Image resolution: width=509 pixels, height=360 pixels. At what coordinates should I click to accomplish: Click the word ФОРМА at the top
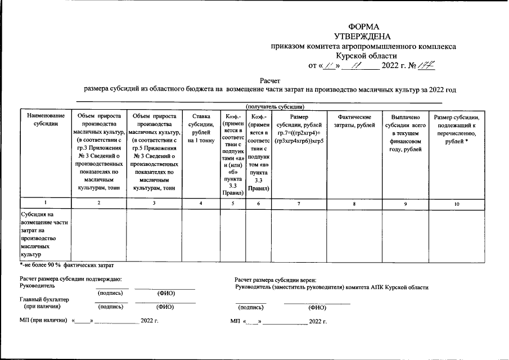pos(364,27)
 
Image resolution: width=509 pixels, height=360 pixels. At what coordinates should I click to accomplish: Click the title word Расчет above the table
pos(270,81)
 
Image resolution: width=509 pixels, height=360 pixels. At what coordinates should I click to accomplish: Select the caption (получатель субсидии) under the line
pos(275,106)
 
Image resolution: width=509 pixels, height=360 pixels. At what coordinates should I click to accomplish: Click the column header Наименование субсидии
pos(46,119)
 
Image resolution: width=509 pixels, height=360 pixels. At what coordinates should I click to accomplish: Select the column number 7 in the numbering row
pos(299,203)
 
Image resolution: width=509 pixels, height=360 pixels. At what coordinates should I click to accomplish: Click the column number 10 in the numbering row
pos(456,203)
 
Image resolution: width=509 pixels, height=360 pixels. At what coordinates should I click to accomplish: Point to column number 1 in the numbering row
pos(45,203)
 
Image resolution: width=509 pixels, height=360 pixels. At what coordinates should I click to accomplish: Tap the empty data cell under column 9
pos(405,234)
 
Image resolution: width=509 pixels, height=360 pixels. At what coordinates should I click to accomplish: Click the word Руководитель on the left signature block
pos(34,285)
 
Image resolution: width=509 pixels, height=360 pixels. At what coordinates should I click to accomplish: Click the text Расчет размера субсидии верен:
pos(276,280)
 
